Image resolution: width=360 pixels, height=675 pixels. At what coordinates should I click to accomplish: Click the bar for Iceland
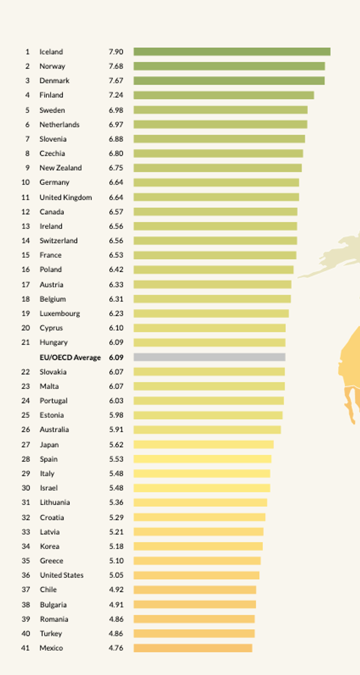tap(232, 52)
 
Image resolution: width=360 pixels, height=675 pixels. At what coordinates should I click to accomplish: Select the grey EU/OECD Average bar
tap(209, 357)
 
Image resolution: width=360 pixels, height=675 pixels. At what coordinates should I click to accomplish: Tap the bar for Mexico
tap(193, 648)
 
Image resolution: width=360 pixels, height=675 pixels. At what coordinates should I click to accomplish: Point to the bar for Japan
tap(204, 445)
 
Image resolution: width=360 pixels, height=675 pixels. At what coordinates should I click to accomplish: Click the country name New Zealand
tap(61, 168)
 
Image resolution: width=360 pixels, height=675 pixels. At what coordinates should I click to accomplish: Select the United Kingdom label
tap(66, 198)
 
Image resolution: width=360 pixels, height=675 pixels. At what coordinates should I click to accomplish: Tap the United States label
tap(62, 575)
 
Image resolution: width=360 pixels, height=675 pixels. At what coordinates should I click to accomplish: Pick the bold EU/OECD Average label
tap(70, 357)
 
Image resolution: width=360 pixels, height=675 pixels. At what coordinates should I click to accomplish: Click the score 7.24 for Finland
tap(116, 95)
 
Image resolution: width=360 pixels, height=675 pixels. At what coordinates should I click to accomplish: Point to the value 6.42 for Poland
tap(116, 270)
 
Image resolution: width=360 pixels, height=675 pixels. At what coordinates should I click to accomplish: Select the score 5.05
tap(116, 575)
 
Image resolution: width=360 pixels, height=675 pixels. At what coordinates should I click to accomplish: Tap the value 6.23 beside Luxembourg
tap(116, 314)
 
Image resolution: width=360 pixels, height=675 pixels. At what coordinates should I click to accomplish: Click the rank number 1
tap(27, 52)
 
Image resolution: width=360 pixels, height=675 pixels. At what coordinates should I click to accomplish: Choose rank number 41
tap(25, 648)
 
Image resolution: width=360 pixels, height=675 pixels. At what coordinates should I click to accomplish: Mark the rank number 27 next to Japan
tap(25, 445)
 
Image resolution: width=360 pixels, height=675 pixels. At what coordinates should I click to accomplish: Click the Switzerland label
tap(59, 241)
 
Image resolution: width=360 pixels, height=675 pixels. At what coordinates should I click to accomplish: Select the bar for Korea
tap(198, 546)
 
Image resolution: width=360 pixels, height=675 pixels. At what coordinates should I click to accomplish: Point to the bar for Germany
tap(216, 183)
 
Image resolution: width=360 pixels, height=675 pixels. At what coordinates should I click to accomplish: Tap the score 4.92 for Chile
tap(116, 590)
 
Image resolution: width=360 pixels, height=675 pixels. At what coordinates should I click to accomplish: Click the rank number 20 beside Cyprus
tap(25, 328)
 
